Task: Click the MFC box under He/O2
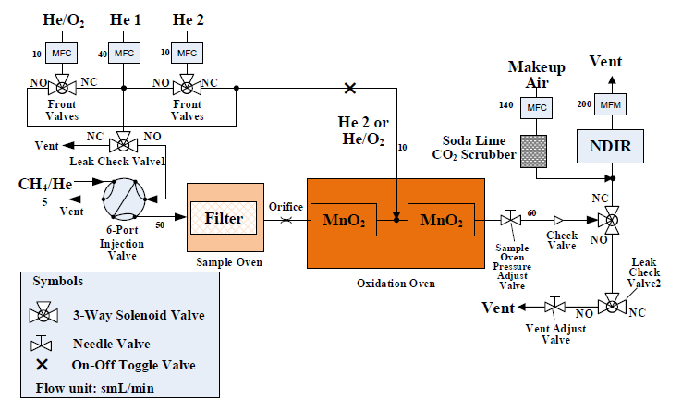[61, 53]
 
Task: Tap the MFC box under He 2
[186, 53]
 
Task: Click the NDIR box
[610, 145]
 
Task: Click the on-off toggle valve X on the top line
[349, 89]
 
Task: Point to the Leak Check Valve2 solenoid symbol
[611, 306]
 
